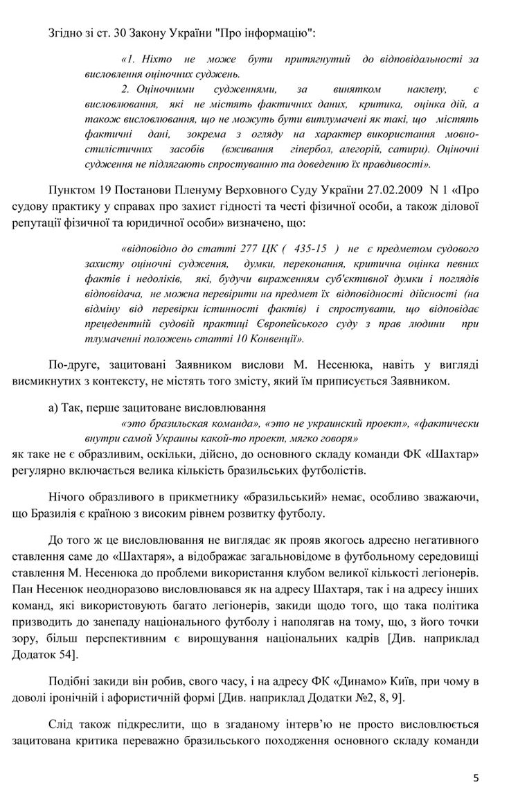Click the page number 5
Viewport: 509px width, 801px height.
(x=476, y=778)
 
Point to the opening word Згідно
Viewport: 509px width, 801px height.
(x=66, y=32)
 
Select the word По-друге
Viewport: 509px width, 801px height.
(x=72, y=363)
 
